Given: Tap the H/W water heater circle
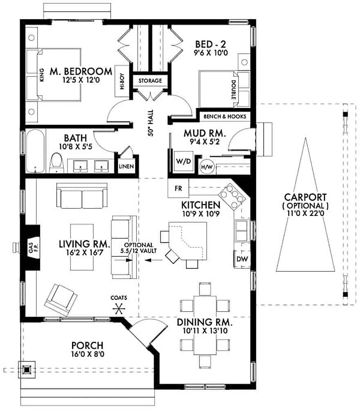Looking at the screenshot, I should (x=205, y=166).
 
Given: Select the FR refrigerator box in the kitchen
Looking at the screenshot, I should (x=178, y=189).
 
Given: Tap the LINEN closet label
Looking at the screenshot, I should (x=126, y=167).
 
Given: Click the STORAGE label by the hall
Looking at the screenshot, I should (x=150, y=81).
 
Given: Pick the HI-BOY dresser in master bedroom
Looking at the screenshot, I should (x=122, y=81).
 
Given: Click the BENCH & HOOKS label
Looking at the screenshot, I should (x=225, y=117).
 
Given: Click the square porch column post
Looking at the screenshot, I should (x=27, y=369).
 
